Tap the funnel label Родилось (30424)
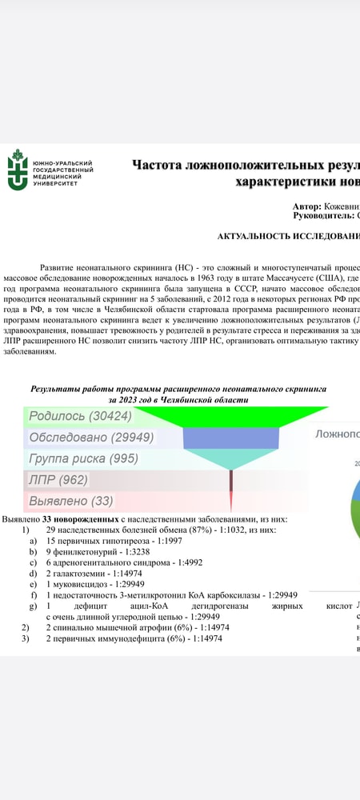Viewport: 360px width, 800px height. click(80, 416)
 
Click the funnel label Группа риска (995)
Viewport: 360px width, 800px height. click(83, 459)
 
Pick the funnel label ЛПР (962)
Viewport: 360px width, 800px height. click(58, 480)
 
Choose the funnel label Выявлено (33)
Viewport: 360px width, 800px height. click(71, 501)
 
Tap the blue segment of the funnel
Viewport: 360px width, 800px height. click(231, 438)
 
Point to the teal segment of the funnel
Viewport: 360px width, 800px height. click(231, 458)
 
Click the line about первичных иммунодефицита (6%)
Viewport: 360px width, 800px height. click(137, 638)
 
